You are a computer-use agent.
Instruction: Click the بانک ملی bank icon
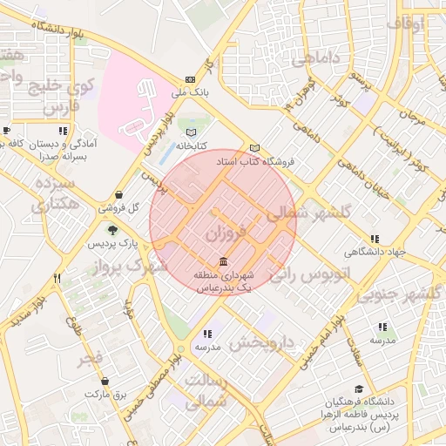(190, 78)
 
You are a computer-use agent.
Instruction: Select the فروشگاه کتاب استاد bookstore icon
(254, 148)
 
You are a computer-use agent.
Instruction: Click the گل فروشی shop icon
(119, 195)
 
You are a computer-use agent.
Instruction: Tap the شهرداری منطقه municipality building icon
(225, 262)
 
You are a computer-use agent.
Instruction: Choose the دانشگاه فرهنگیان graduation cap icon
(359, 390)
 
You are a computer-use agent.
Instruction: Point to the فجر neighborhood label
(89, 358)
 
